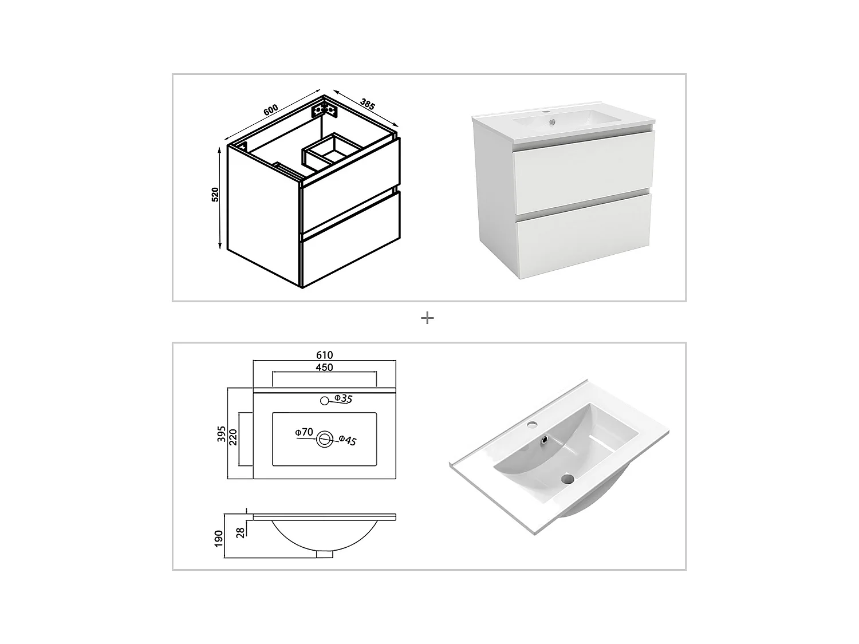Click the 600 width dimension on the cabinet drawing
[271, 109]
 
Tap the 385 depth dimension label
[367, 104]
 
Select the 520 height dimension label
[215, 195]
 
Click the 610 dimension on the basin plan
[324, 355]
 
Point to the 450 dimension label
[324, 367]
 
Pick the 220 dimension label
[233, 438]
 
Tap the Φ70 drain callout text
[304, 432]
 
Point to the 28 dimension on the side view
[241, 532]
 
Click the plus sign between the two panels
[427, 318]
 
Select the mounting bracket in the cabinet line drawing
[322, 109]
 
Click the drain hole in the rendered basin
[568, 479]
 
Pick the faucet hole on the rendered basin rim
[533, 425]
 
